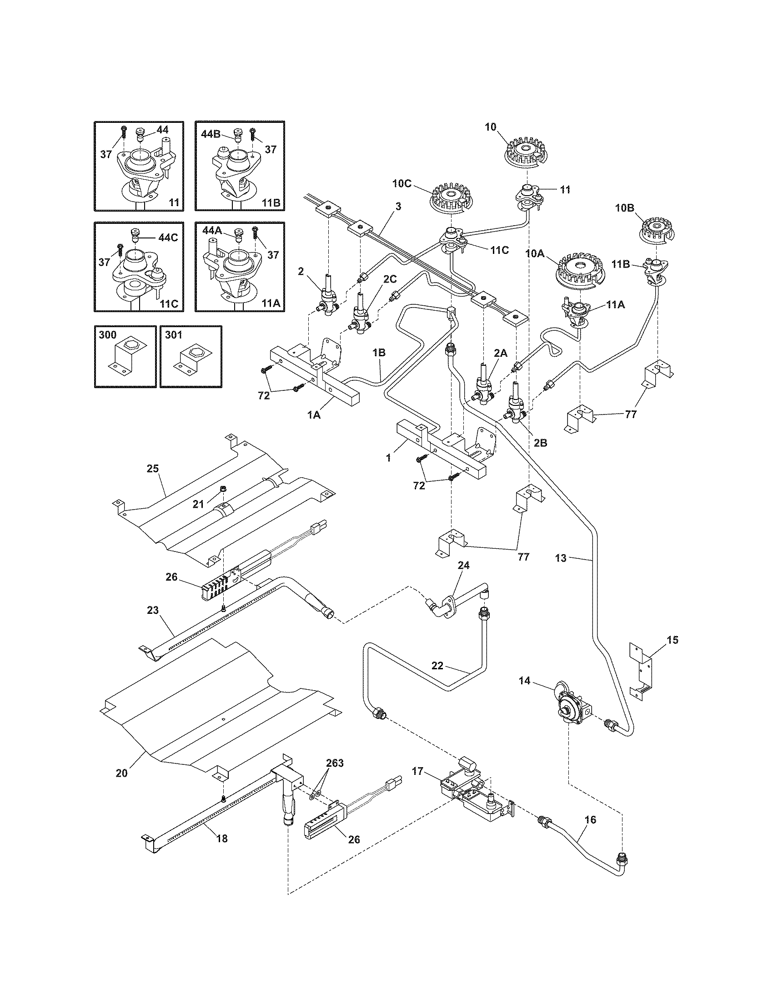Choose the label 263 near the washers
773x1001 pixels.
pyautogui.click(x=334, y=763)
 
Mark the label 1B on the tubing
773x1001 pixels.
pyautogui.click(x=378, y=353)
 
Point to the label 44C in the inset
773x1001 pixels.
pyautogui.click(x=167, y=238)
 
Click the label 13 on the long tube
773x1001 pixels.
pyautogui.click(x=561, y=558)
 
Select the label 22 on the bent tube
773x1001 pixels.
pyautogui.click(x=437, y=666)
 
